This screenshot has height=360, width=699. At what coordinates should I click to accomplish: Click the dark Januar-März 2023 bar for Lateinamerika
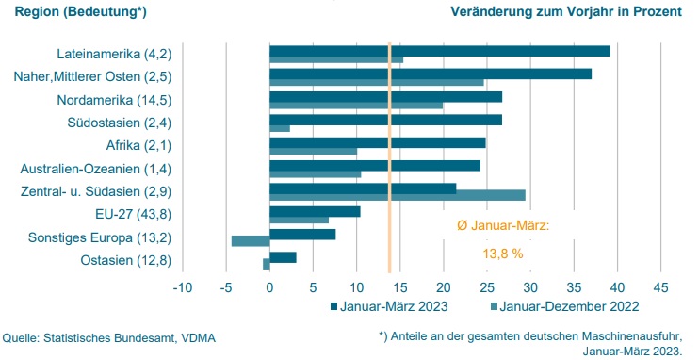coord(439,51)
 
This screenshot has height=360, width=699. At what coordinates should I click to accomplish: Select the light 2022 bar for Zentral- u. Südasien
coord(397,195)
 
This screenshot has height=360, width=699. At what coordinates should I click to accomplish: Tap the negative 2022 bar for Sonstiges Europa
coord(251,241)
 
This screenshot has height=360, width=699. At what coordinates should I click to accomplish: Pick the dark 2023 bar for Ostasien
coord(283,257)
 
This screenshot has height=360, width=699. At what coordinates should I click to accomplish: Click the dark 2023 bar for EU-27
coord(315,211)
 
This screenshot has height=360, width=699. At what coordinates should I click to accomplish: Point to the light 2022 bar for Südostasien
coord(280,128)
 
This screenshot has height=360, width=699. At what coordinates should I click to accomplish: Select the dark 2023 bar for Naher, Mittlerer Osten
coord(430,74)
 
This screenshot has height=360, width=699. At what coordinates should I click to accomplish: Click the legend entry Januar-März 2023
coord(387,306)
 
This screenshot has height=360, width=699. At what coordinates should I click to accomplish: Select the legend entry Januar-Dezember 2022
coord(565,306)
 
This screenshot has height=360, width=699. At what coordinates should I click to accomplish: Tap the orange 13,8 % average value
coord(496,254)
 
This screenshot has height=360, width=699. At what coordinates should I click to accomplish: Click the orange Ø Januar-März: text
coord(496,226)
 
